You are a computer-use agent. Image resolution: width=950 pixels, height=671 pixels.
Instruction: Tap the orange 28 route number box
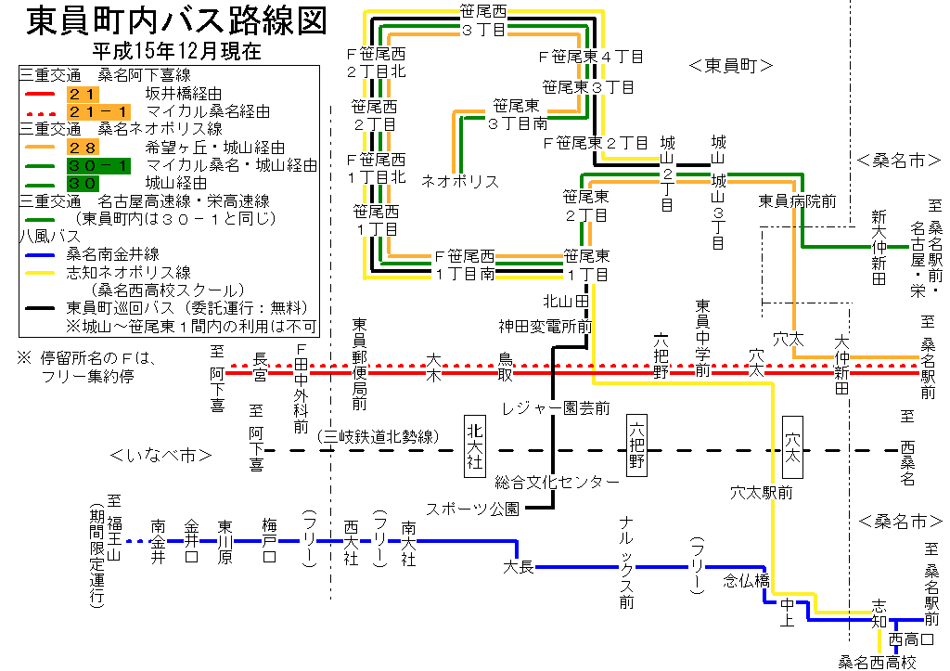83,147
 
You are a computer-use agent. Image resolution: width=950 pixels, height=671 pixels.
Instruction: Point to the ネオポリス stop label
460,180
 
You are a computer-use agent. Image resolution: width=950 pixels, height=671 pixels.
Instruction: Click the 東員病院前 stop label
798,200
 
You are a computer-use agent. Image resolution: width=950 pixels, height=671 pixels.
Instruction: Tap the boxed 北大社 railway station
475,445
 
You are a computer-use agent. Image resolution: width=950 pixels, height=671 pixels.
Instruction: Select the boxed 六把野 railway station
637,445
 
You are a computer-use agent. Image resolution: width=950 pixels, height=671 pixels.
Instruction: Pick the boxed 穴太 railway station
793,445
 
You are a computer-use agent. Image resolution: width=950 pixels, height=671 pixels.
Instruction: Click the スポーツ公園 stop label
470,509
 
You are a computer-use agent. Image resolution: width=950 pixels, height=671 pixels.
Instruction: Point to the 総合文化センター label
557,482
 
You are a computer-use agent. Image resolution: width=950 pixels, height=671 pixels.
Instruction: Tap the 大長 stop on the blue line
519,566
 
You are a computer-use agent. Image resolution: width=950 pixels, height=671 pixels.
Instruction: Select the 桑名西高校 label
877,662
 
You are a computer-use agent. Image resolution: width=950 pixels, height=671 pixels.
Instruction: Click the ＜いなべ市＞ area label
160,456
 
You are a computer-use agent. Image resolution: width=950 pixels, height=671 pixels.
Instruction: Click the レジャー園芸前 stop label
556,407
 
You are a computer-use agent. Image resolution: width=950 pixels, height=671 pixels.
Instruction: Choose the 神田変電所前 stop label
545,326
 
